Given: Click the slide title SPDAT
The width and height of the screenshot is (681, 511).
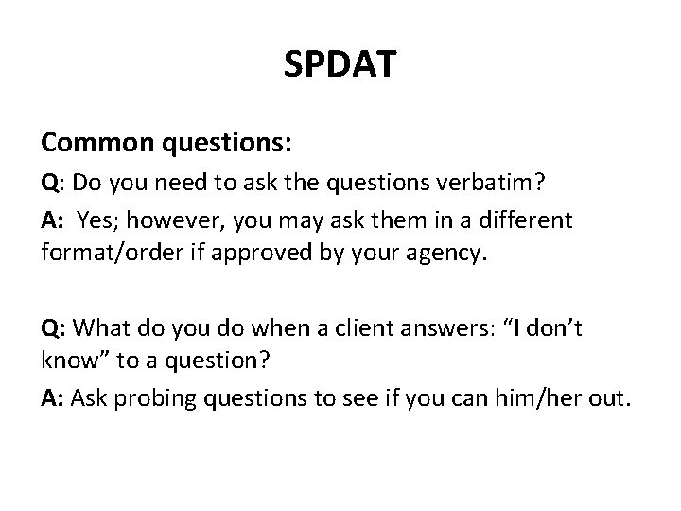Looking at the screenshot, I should tap(340, 64).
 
